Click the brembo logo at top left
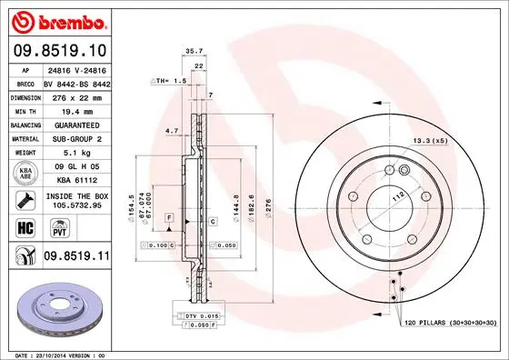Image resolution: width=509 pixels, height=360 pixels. click(57, 20)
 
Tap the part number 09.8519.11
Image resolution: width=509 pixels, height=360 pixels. click(76, 259)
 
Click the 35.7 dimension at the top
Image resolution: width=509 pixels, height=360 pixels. click(194, 52)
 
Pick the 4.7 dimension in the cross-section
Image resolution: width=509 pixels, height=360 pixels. click(171, 131)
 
